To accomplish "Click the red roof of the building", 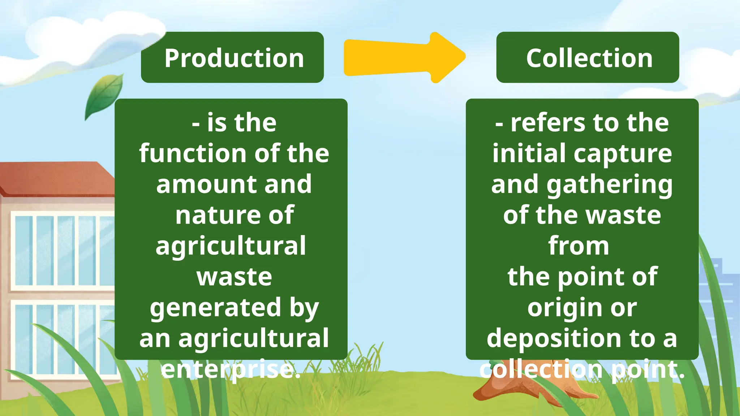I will pos(54,179).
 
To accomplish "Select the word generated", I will pos(215,308).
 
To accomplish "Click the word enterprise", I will pos(231,369).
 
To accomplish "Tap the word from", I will pos(578,246).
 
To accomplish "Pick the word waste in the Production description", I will pos(234,277).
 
